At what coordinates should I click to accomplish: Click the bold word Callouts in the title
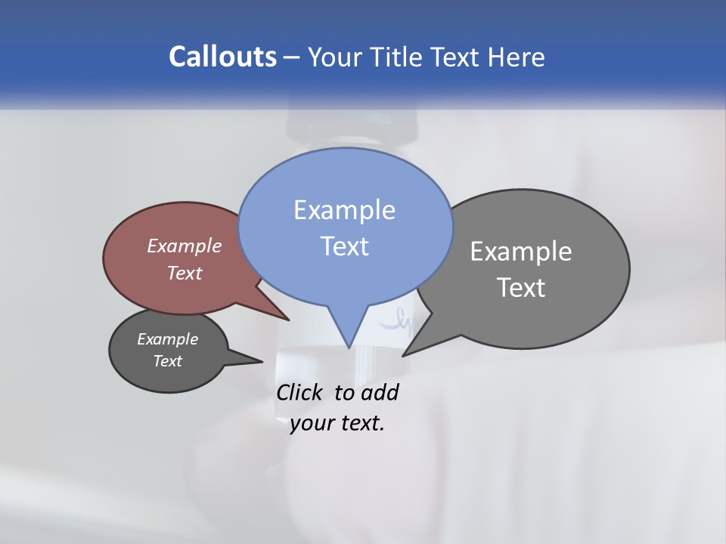click(x=223, y=57)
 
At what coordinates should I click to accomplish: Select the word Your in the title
click(x=336, y=57)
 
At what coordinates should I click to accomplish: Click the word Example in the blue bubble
click(x=344, y=210)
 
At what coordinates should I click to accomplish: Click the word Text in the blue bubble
click(x=344, y=246)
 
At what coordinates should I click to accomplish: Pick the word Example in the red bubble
click(x=185, y=246)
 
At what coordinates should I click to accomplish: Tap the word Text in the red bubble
click(x=185, y=273)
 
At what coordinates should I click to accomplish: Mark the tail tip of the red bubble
click(x=288, y=320)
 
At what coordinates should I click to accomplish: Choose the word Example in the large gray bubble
click(x=521, y=252)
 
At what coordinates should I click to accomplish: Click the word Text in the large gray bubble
click(x=521, y=288)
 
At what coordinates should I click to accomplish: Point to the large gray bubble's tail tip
click(x=403, y=354)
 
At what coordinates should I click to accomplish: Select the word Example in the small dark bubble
click(x=167, y=339)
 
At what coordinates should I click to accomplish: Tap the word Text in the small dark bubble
click(x=167, y=361)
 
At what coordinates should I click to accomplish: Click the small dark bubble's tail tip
click(x=262, y=361)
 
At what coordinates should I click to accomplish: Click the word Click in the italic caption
click(x=299, y=392)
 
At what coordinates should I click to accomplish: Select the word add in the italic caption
click(x=380, y=392)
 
